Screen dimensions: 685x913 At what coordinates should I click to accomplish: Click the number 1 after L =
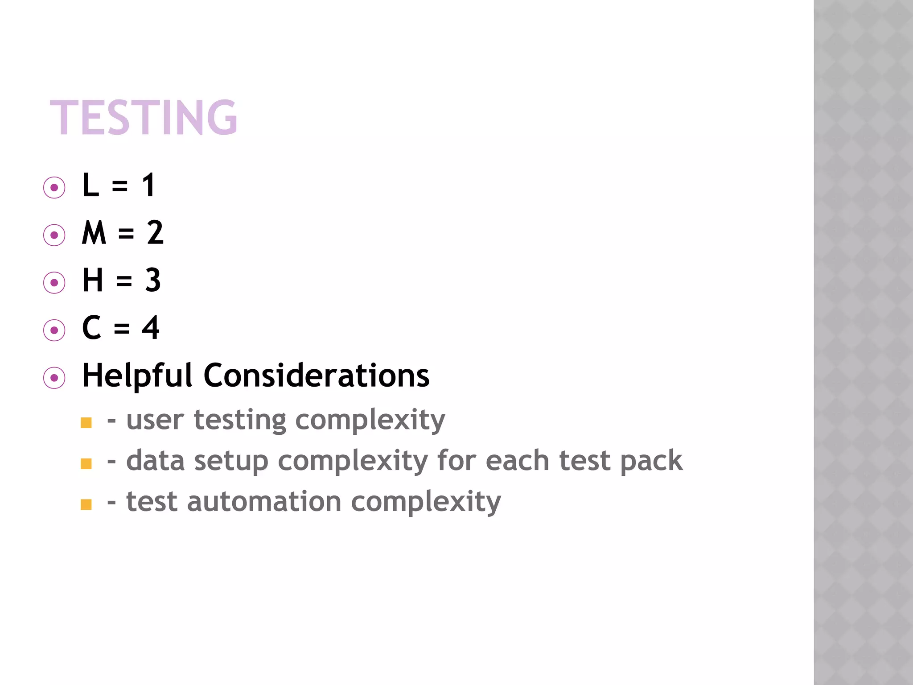pos(149,185)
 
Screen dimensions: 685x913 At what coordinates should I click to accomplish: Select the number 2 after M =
pos(155,233)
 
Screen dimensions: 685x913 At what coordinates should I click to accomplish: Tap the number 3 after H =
pos(153,281)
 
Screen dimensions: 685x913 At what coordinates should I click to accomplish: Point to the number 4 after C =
pos(151,328)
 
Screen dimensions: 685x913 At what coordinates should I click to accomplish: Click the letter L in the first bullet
pos(91,185)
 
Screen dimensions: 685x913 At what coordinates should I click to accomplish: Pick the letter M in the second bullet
pos(94,233)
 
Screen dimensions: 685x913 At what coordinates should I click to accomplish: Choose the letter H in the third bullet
pos(93,281)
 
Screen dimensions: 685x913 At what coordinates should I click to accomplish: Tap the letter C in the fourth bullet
pos(92,328)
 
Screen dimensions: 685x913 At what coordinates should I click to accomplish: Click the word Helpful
pos(137,376)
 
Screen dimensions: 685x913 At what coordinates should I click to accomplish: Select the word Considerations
pos(317,376)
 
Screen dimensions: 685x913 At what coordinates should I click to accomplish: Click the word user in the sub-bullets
pos(155,420)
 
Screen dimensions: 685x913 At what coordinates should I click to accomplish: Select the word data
pos(155,461)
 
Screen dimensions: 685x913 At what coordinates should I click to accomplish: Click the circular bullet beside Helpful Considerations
pos(54,378)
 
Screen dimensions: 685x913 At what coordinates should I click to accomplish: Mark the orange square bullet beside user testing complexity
pos(86,423)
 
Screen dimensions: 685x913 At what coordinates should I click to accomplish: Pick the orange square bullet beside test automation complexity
pos(86,504)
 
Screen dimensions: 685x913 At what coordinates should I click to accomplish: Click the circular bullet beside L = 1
pos(54,187)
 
